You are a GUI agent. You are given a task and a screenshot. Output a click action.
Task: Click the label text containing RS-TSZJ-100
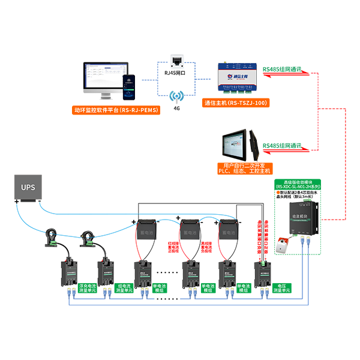[x=236, y=103]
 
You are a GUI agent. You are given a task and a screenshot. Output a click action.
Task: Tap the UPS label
[x=28, y=187]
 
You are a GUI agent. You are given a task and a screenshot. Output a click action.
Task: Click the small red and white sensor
[x=280, y=242]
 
